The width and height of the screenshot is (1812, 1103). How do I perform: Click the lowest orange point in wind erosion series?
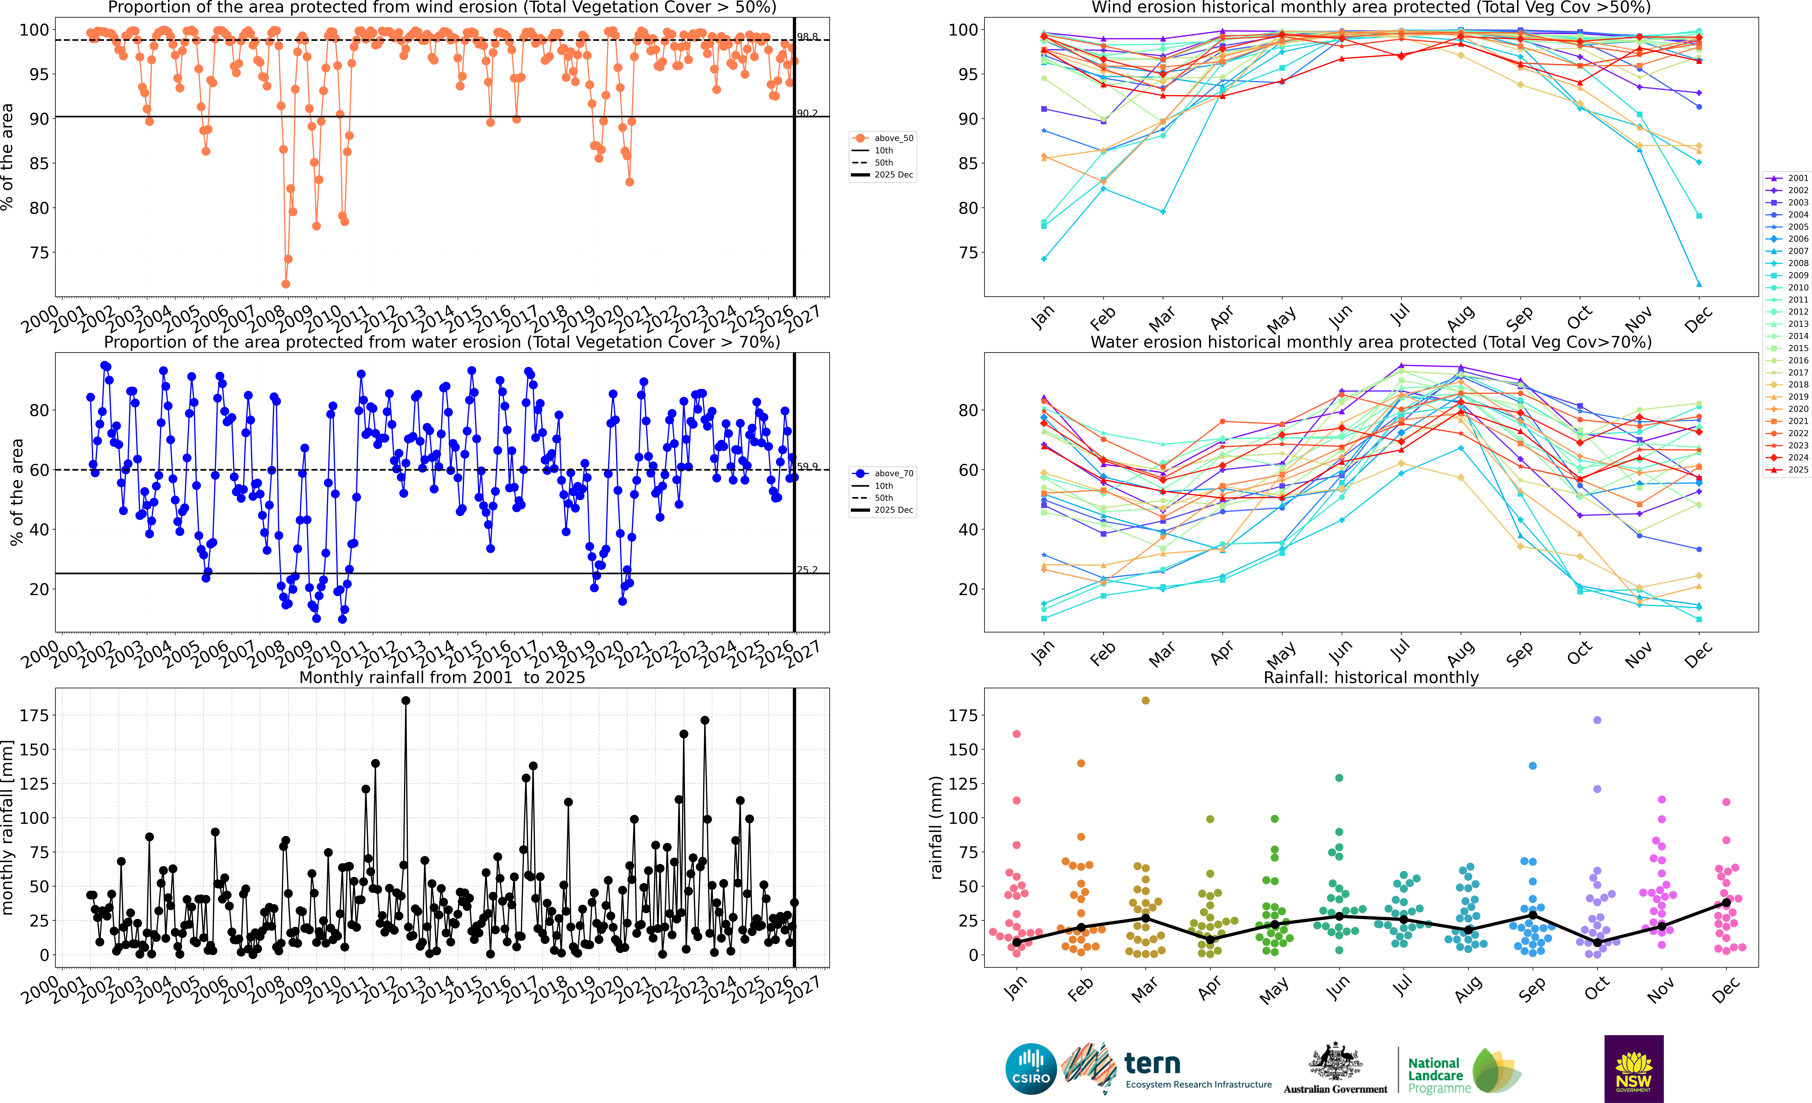pos(285,284)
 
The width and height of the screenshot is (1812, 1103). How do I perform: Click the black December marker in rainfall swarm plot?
pos(1726,902)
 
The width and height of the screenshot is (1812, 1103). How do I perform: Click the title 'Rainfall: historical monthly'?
pos(1371,677)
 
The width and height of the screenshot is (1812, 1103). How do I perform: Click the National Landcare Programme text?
pos(1438,1075)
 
